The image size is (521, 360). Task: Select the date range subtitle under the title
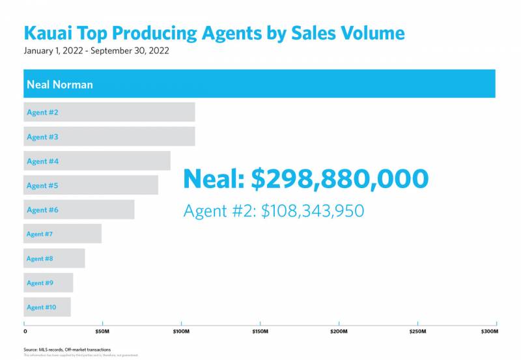(96, 51)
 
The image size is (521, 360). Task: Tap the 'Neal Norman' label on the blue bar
(59, 85)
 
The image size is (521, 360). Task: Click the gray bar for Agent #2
(109, 112)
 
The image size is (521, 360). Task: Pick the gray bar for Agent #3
(109, 137)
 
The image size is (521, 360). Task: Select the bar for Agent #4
(97, 161)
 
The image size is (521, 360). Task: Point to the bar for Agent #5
(91, 186)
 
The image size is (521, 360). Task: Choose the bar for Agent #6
(79, 210)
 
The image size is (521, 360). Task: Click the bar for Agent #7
(63, 234)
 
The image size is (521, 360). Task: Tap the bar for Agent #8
(54, 258)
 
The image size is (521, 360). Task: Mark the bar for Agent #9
(48, 283)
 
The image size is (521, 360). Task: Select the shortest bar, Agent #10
(47, 307)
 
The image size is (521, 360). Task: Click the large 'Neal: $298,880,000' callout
(305, 179)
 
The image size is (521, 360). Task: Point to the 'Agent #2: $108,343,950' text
(274, 212)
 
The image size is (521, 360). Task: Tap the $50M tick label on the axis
(102, 332)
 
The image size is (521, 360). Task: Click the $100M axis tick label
(180, 332)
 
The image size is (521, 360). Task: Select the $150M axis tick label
(259, 332)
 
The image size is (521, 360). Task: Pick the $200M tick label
(339, 332)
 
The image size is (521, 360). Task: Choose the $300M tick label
(490, 332)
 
